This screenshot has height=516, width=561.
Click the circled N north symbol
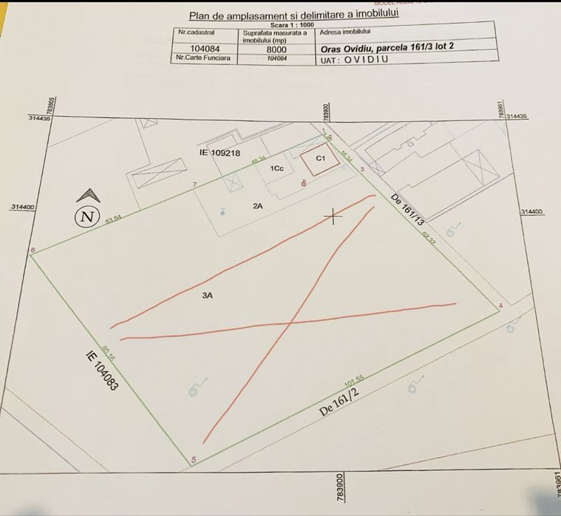[88, 216]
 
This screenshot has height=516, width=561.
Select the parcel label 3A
[208, 295]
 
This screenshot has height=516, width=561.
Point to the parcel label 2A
[258, 207]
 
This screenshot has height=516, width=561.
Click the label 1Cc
[278, 168]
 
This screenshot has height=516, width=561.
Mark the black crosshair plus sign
[334, 216]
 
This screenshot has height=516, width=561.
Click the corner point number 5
[194, 461]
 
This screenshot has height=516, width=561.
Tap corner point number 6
[33, 250]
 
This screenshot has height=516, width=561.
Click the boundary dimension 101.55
[356, 383]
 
